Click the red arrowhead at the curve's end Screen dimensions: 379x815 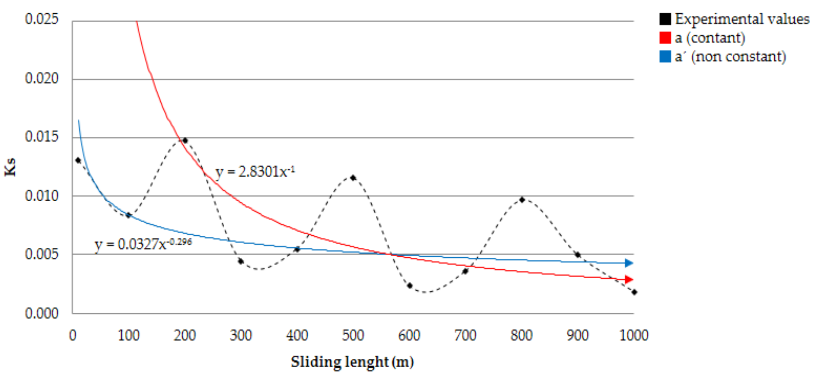tap(629, 279)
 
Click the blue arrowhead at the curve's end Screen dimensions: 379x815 tap(629, 263)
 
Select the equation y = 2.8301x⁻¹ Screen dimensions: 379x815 tap(255, 172)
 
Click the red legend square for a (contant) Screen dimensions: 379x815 tap(665, 38)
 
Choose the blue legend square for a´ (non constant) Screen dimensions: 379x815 tap(665, 56)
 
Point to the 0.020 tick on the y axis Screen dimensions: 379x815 tap(42, 78)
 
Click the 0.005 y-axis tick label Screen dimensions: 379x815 tap(42, 254)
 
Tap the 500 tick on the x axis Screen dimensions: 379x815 tap(353, 335)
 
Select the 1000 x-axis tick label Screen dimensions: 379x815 tap(634, 335)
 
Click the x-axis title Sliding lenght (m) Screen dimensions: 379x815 tap(352, 362)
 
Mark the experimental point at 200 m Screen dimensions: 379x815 tap(185, 140)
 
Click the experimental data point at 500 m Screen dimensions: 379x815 tap(353, 178)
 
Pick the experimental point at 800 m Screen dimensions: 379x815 tap(522, 200)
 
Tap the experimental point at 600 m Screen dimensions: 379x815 tap(409, 286)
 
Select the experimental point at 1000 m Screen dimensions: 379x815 tap(634, 292)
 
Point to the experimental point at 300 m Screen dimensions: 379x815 tap(241, 261)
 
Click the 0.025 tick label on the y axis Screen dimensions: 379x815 tap(42, 19)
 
